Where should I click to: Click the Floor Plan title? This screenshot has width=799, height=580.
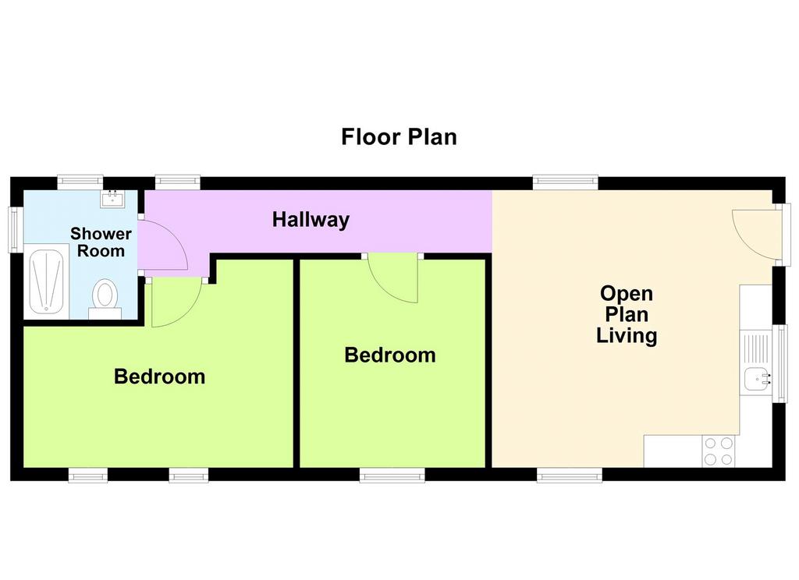[399, 137]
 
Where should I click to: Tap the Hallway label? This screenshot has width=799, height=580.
[311, 220]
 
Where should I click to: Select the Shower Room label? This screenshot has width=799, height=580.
[101, 242]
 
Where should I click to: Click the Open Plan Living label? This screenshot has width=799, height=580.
[627, 315]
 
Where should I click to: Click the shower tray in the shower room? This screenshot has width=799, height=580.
[46, 281]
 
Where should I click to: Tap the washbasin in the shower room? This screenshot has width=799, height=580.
[112, 198]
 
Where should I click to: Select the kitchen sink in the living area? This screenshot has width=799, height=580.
[757, 380]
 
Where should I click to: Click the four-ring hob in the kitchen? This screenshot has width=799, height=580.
[719, 451]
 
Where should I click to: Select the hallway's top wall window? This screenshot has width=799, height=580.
[177, 182]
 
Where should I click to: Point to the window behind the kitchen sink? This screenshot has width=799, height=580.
[780, 363]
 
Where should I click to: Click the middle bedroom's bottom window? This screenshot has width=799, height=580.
[392, 475]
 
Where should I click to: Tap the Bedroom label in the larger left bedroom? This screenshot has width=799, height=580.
[159, 377]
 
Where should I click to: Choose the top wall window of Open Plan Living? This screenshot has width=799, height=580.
[566, 182]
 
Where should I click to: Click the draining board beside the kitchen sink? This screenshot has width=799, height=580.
[757, 349]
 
